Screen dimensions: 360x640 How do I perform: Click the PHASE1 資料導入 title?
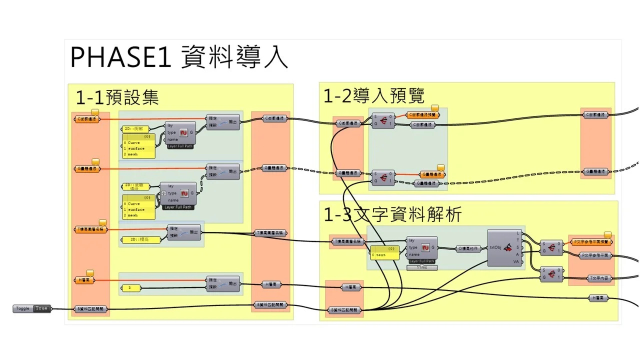(179, 57)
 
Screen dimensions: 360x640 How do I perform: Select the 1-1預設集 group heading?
(117, 97)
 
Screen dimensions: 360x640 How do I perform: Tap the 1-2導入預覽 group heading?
(373, 95)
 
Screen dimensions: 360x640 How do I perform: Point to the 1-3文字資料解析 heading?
(392, 214)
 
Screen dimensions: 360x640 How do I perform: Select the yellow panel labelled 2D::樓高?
(141, 240)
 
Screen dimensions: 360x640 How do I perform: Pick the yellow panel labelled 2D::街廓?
(136, 129)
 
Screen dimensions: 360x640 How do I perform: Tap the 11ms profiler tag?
(422, 268)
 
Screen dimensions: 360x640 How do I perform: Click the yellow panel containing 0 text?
(385, 252)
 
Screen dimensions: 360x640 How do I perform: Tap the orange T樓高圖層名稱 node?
(90, 229)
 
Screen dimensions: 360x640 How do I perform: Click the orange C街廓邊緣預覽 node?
(423, 114)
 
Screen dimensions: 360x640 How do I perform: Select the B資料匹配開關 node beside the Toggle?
(90, 309)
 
